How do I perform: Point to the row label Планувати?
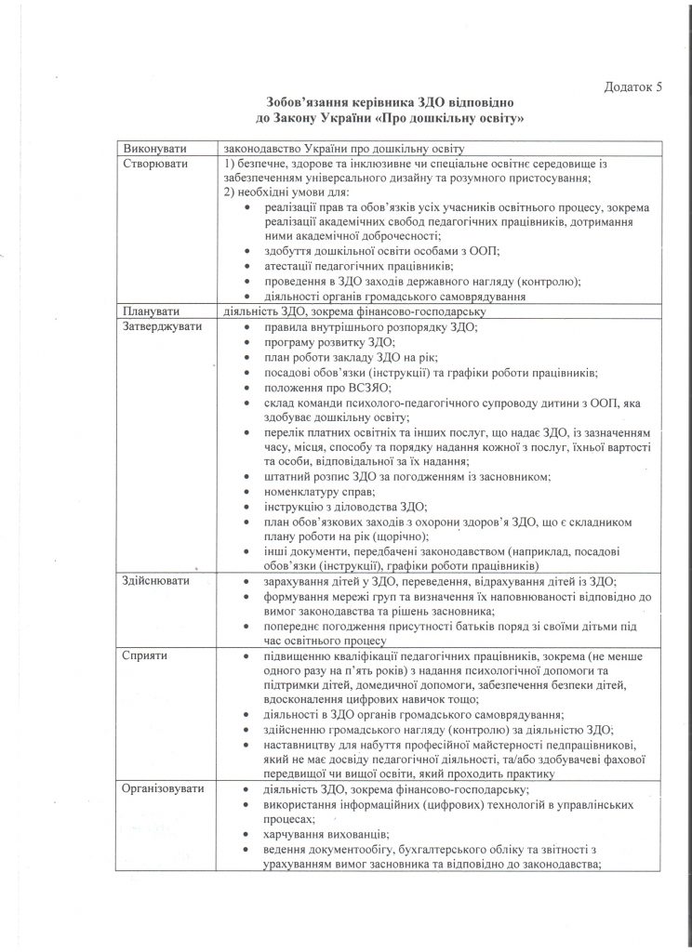pyautogui.click(x=150, y=311)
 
